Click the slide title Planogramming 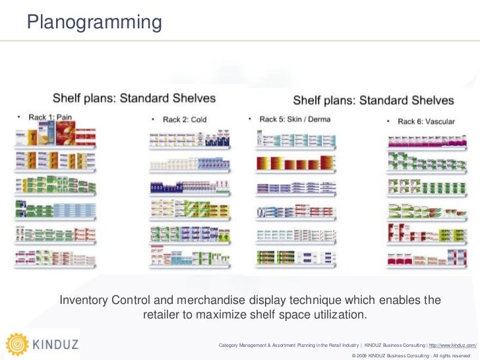(94, 22)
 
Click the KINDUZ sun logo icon (17, 344)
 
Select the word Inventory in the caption (86, 301)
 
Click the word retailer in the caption (165, 315)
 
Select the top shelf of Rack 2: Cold (189, 140)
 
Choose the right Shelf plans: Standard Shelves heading (373, 101)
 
